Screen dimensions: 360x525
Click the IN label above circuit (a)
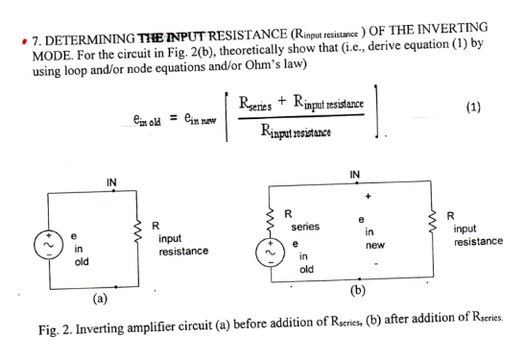(112, 181)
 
